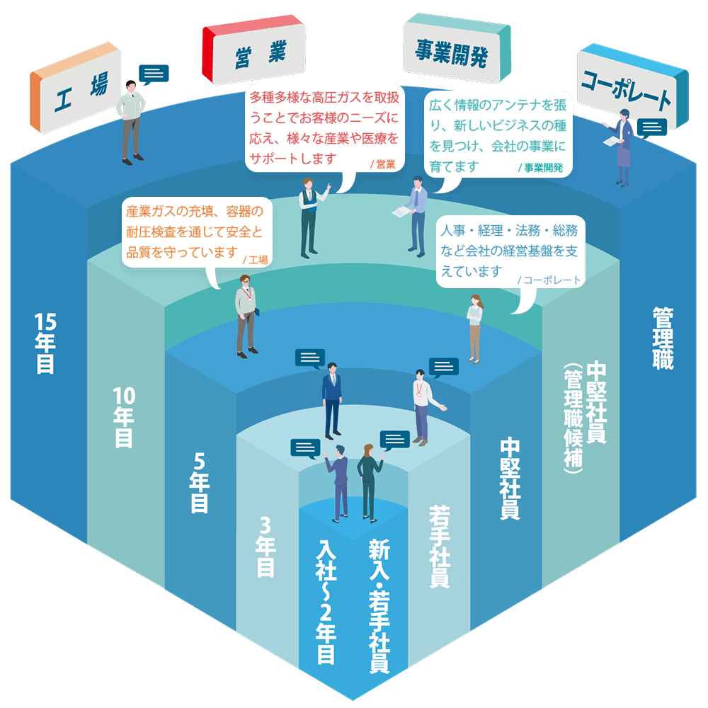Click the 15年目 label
coord(45,343)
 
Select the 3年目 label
coord(265,546)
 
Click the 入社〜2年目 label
coord(325,603)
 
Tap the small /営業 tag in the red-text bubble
coord(382,165)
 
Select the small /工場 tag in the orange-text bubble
coord(255,260)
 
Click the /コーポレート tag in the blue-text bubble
coord(549,280)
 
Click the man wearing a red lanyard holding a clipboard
coord(246,318)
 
